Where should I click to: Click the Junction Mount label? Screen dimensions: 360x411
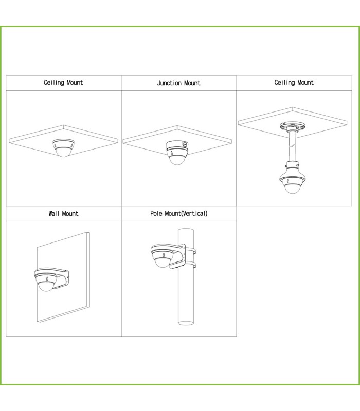[x=178, y=83]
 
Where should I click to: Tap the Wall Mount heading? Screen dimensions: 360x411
[x=63, y=213]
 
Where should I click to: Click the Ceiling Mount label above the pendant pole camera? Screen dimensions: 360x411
[x=294, y=83]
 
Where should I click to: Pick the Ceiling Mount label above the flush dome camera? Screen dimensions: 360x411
[x=63, y=83]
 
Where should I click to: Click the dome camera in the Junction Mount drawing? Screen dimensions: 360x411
[x=177, y=157]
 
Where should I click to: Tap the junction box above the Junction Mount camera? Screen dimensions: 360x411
[x=177, y=145]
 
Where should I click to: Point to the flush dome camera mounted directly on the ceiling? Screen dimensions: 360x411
[x=63, y=148]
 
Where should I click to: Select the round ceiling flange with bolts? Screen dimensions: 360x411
[x=292, y=127]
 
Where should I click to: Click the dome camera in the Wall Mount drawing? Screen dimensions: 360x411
[x=46, y=280]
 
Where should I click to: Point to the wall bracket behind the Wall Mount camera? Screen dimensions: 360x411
[x=62, y=279]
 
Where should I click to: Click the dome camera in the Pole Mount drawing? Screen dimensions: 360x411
[x=163, y=256]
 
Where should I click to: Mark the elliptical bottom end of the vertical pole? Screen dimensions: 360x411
[x=186, y=323]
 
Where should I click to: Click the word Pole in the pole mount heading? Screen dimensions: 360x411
[x=156, y=213]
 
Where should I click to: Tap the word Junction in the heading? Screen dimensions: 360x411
[x=169, y=83]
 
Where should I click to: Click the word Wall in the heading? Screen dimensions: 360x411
[x=54, y=213]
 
